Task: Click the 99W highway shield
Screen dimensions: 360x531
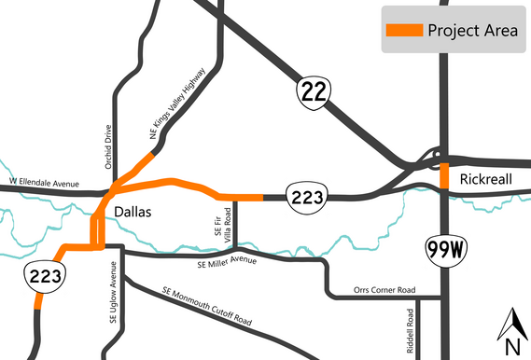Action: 444,249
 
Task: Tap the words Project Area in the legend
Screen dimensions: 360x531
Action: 470,30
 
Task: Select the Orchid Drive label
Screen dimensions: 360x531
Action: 108,145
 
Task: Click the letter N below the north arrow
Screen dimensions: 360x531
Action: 511,347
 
